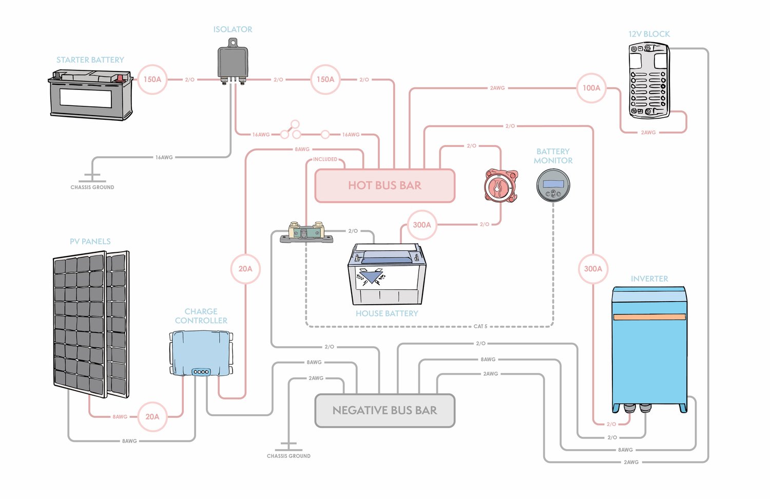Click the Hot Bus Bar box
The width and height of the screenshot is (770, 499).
click(x=384, y=186)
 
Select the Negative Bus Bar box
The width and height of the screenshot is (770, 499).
click(x=384, y=411)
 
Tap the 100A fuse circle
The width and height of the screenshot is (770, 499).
click(x=591, y=88)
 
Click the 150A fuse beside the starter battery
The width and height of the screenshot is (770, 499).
click(x=152, y=80)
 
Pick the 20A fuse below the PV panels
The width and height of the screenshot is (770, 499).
click(x=152, y=417)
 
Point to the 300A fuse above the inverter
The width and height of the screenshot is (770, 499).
click(x=593, y=269)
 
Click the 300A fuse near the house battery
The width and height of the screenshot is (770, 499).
click(x=422, y=225)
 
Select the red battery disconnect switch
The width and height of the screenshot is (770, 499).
click(x=501, y=186)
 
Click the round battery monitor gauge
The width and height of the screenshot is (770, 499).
click(x=553, y=186)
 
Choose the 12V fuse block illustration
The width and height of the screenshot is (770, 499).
click(x=649, y=81)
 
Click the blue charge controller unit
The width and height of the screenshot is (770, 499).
click(x=201, y=353)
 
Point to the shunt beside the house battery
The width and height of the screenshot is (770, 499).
click(x=306, y=233)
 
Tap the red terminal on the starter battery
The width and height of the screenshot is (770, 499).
click(x=121, y=78)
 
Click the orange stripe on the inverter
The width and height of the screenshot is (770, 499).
click(x=649, y=317)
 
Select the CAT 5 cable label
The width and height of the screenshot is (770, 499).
click(x=480, y=326)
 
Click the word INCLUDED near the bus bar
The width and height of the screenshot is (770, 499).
click(x=325, y=159)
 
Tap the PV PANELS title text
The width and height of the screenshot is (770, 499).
click(x=90, y=242)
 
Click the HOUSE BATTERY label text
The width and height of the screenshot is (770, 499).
click(x=387, y=313)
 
